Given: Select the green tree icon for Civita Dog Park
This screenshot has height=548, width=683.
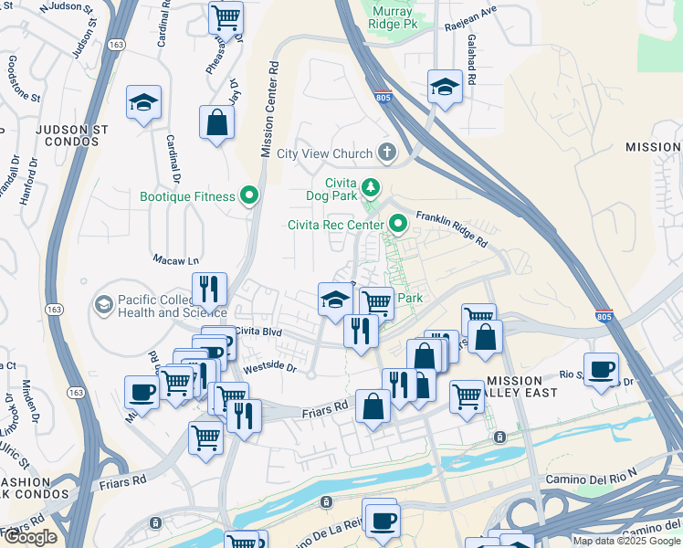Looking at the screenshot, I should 370,188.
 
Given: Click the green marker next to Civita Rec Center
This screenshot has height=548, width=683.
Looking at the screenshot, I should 398,223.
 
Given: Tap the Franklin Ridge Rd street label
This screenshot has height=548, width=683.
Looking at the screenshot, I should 452,231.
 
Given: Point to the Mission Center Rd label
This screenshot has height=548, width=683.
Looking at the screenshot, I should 269,110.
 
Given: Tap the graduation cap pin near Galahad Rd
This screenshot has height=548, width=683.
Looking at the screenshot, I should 444,87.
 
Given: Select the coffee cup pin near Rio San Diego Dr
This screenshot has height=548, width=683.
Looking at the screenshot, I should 601,369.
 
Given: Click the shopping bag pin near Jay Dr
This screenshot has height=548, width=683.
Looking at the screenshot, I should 216,122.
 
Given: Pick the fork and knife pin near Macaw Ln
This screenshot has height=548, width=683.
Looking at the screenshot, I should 209,289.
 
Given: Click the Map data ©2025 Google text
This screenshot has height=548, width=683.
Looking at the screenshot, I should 626,541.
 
